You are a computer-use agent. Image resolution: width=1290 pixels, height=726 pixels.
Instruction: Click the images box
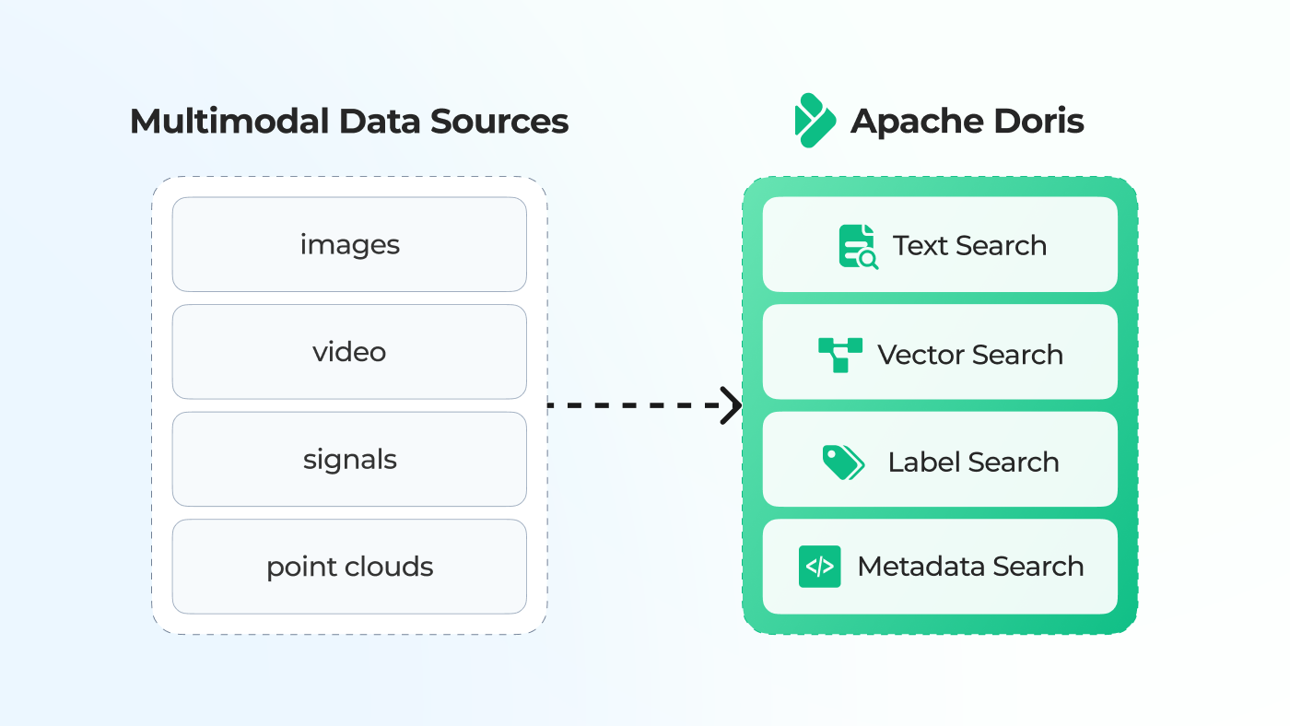[349, 244]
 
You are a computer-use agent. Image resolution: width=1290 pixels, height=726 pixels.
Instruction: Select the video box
[349, 352]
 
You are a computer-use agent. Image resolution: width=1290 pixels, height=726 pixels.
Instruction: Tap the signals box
[349, 459]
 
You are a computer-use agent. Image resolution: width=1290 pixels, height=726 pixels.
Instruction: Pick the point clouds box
[349, 566]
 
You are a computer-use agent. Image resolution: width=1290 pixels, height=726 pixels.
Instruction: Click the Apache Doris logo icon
[815, 121]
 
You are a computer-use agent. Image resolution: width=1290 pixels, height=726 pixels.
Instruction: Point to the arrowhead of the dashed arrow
[733, 405]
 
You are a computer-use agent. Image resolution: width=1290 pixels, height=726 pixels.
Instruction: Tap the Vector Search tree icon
[839, 355]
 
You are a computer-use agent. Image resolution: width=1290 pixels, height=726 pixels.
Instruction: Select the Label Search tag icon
[843, 462]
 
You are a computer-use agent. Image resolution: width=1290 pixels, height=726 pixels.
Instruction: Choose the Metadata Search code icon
[819, 567]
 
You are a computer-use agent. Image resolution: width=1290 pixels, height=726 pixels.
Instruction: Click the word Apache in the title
[916, 122]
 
